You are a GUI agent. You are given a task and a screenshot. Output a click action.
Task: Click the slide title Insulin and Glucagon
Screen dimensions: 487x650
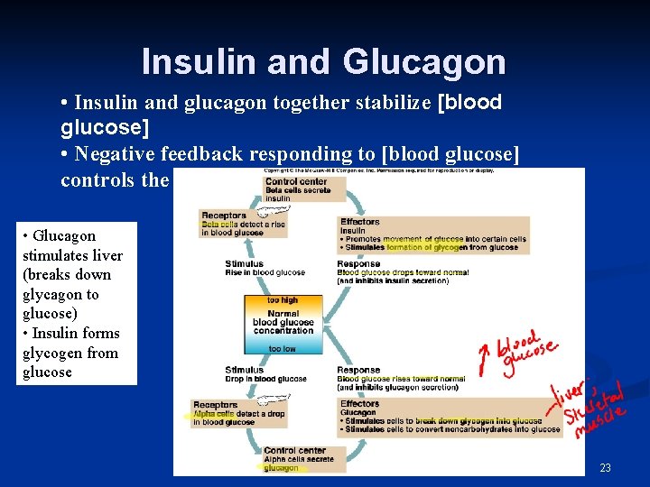pyautogui.click(x=323, y=61)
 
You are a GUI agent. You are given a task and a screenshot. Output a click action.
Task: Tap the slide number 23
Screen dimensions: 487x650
pyautogui.click(x=605, y=467)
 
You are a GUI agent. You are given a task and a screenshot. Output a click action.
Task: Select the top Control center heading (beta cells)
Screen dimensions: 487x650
pyautogui.click(x=295, y=182)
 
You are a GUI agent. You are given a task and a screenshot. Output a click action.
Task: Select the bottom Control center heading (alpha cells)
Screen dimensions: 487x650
pyautogui.click(x=294, y=450)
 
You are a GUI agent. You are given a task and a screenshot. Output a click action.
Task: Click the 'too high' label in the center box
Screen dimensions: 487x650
pyautogui.click(x=283, y=300)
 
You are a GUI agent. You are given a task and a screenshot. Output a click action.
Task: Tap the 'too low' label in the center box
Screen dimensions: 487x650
pyautogui.click(x=283, y=349)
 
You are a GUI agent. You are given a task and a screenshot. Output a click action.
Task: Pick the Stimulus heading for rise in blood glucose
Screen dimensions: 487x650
pyautogui.click(x=244, y=264)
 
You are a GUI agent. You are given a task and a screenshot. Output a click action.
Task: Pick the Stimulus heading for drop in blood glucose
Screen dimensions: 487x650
pyautogui.click(x=244, y=370)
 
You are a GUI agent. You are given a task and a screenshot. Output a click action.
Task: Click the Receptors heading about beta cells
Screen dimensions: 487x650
pyautogui.click(x=224, y=216)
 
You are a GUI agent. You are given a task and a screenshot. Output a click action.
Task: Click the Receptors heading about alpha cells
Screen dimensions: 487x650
pyautogui.click(x=215, y=405)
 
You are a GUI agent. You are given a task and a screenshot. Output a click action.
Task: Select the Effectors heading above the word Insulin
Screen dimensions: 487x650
pyautogui.click(x=360, y=222)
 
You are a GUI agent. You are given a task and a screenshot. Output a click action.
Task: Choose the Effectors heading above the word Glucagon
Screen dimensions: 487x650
pyautogui.click(x=360, y=404)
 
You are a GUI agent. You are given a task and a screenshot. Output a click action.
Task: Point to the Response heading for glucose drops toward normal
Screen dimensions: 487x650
pyautogui.click(x=358, y=264)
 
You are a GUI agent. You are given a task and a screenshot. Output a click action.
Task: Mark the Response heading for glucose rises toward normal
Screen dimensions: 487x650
pyautogui.click(x=358, y=370)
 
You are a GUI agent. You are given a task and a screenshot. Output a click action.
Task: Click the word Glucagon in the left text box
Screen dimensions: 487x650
pyautogui.click(x=64, y=235)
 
